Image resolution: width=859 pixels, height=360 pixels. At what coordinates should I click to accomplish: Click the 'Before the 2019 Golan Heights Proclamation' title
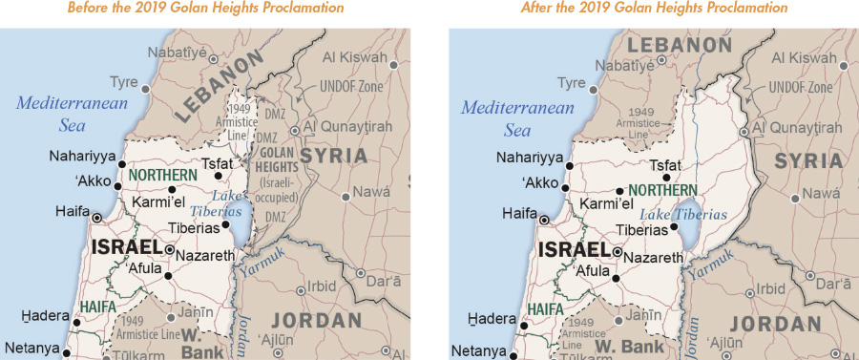pyautogui.click(x=206, y=9)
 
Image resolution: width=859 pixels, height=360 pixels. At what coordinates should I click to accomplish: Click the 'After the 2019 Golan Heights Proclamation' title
pyautogui.click(x=654, y=9)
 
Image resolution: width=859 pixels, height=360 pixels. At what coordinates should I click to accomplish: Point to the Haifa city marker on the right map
pyautogui.click(x=543, y=220)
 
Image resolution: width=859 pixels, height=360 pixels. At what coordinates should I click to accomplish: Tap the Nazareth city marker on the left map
pyautogui.click(x=169, y=249)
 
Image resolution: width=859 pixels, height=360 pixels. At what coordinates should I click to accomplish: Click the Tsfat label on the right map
pyautogui.click(x=664, y=164)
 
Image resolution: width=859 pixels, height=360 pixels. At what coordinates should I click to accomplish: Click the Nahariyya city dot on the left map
pyautogui.click(x=121, y=164)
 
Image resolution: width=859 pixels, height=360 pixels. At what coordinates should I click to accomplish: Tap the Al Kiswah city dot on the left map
pyautogui.click(x=394, y=65)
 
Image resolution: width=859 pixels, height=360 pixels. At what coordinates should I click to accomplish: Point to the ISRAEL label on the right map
pyautogui.click(x=576, y=250)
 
